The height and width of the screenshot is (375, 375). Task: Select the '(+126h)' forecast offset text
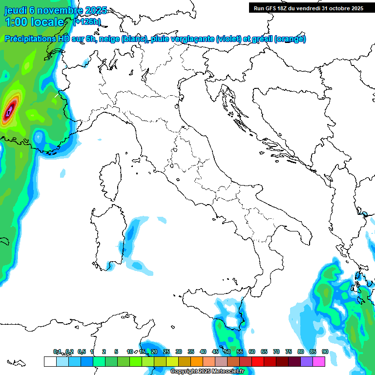[x=87, y=21]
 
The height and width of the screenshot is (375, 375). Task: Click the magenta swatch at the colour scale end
[x=318, y=361]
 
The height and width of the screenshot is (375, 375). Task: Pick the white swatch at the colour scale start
[x=50, y=361]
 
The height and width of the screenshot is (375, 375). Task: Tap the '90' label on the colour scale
[x=325, y=352]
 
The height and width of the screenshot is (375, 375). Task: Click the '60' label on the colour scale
[x=251, y=352]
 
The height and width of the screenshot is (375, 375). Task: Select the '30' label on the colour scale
[x=178, y=352]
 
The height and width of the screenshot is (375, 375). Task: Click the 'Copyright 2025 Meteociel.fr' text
[x=207, y=372]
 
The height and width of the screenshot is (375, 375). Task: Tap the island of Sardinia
[x=109, y=234]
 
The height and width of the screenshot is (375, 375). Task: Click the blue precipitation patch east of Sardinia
[x=132, y=244]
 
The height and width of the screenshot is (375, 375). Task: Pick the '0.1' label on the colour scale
[x=57, y=352]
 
